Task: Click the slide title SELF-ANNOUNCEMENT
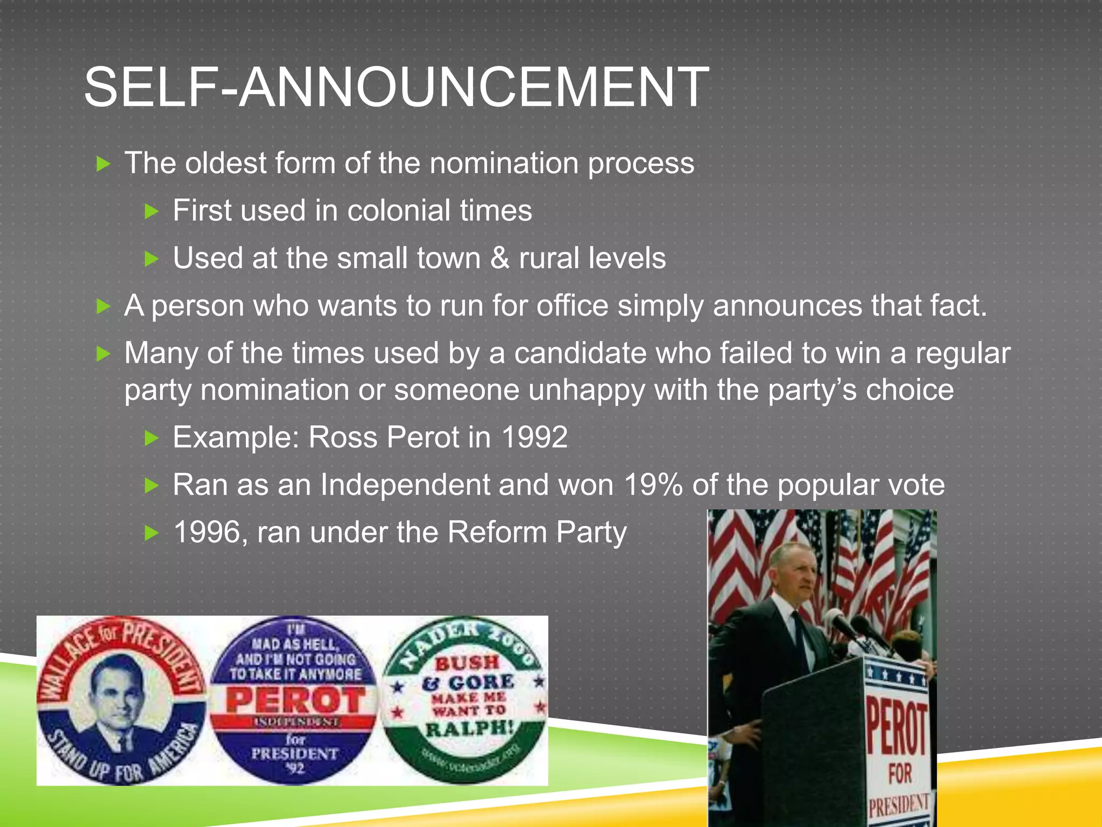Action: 396,87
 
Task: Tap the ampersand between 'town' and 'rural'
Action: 499,258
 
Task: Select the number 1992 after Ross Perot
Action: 534,437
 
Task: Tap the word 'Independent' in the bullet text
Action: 405,485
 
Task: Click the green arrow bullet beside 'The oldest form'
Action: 103,164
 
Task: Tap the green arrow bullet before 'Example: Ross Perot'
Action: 152,438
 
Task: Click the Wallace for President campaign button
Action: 121,700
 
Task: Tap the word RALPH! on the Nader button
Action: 469,729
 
